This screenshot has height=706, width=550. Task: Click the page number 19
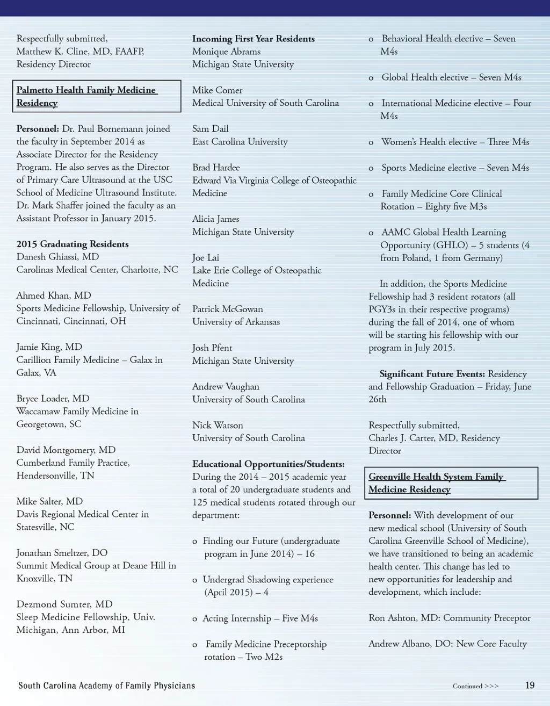530,685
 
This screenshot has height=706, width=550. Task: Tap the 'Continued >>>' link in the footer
475,686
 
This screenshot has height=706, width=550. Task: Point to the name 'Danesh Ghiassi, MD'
57,257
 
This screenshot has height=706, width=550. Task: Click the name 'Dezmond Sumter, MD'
64,604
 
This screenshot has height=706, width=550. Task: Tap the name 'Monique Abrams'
226,52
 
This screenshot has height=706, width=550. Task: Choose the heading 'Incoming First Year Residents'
254,39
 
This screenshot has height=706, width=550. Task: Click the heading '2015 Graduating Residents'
73,244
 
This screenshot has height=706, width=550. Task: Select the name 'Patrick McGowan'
228,309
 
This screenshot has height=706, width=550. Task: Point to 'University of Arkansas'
236,322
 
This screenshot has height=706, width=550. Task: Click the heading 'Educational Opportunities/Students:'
269,464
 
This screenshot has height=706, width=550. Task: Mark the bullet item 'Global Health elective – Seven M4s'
451,77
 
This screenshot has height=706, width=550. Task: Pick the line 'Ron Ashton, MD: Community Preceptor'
450,618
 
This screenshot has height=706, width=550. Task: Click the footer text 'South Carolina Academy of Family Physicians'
107,686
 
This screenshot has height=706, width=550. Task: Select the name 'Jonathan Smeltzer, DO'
62,552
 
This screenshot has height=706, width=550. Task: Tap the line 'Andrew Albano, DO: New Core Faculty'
447,644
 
